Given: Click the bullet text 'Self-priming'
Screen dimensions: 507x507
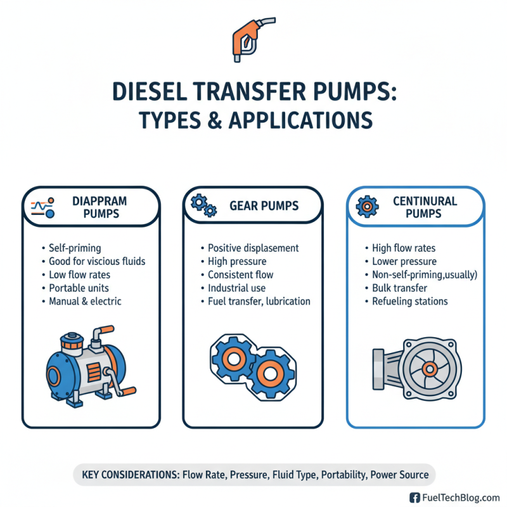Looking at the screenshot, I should [75, 248].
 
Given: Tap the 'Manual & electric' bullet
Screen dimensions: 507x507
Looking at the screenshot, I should [85, 301].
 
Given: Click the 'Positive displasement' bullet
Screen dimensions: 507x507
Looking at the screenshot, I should [253, 248].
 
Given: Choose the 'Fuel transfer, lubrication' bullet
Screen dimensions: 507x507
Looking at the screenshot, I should [259, 301].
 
